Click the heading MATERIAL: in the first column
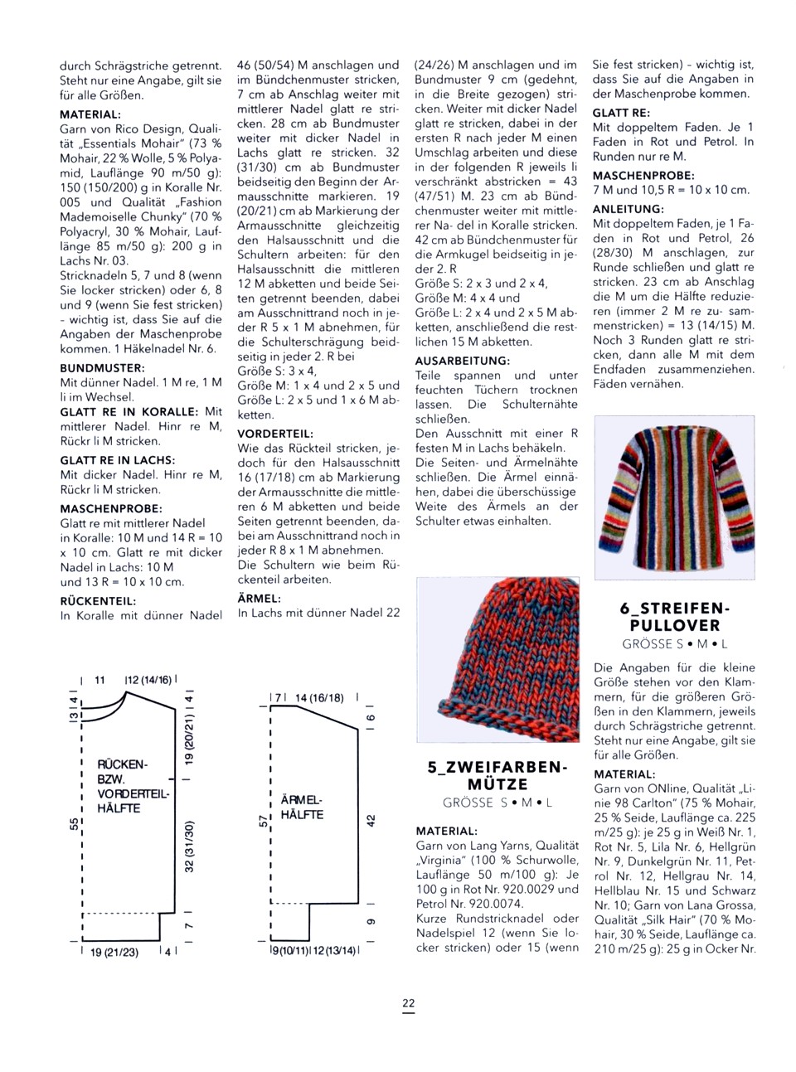(x=90, y=114)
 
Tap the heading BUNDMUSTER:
(x=102, y=367)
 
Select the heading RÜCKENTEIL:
(x=98, y=601)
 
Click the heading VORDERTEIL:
(x=275, y=433)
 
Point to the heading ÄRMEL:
(x=260, y=598)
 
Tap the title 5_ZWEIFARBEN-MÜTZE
(x=498, y=775)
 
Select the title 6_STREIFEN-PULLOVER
(x=674, y=617)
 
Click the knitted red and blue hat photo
(x=498, y=659)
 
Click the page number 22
(x=409, y=1003)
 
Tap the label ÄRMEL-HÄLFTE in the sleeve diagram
(x=302, y=808)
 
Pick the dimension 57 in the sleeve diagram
(x=264, y=821)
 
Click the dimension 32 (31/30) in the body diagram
(x=189, y=846)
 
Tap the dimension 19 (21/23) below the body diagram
(x=114, y=952)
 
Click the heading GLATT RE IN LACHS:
(x=117, y=460)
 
